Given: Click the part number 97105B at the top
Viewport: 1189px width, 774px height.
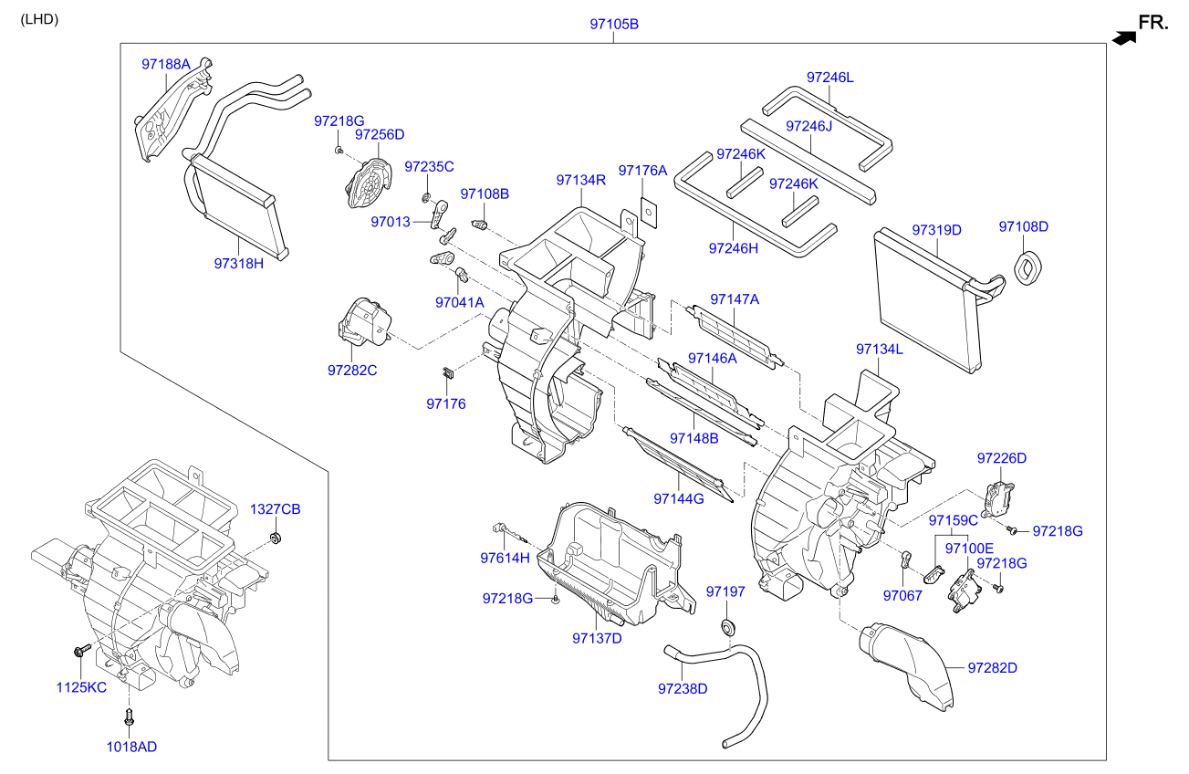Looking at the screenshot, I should click(613, 25).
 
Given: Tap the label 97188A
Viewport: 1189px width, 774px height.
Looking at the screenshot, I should click(165, 64).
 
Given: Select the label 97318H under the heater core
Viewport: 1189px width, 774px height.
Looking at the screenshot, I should click(238, 263).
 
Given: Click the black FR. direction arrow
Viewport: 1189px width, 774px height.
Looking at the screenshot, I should click(1124, 37).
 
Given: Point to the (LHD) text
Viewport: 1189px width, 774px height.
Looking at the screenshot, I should click(40, 19).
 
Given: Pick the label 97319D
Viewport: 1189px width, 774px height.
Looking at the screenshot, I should click(936, 229).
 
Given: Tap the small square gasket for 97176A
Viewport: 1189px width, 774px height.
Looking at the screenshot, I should click(649, 211).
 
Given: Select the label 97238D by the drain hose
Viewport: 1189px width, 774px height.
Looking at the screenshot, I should click(682, 688).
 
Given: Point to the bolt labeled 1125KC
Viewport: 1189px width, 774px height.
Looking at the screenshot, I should click(78, 651).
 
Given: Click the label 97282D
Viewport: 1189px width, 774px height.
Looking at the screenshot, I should click(992, 667).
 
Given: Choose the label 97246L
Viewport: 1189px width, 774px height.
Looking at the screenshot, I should click(829, 78).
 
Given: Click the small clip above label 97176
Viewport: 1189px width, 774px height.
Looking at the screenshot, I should click(447, 371).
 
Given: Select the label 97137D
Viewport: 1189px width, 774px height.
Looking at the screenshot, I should click(597, 637).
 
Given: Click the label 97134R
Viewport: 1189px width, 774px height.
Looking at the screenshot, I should click(580, 181).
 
